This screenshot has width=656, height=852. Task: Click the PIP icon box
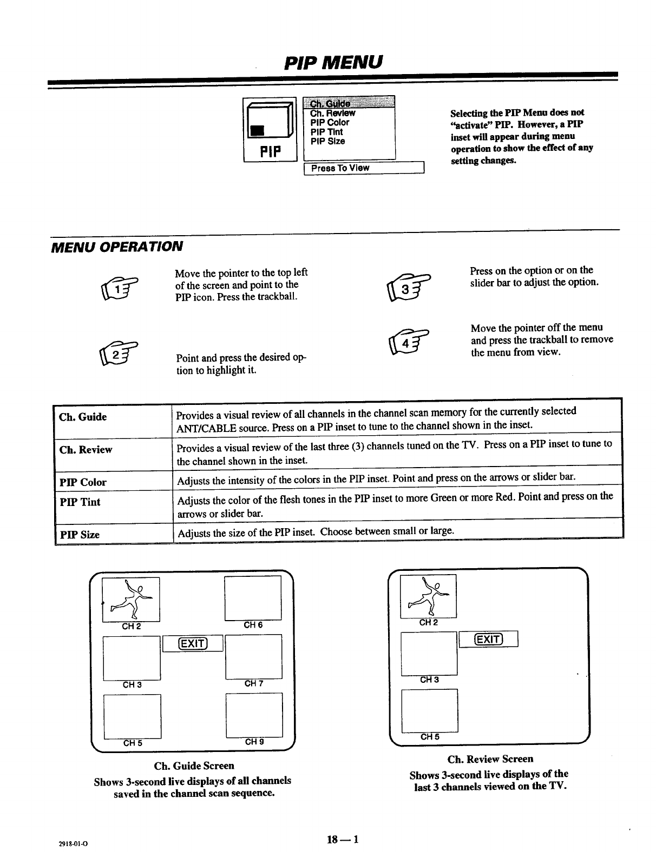coord(270,130)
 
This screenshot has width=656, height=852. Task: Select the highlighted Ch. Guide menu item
coord(330,103)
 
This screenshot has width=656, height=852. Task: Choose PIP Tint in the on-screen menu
coord(326,132)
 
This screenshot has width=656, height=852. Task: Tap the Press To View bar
coord(364,168)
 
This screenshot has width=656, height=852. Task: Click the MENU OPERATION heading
coord(116,247)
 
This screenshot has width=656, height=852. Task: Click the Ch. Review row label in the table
coord(86,450)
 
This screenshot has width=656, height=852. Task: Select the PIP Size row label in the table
coord(80,535)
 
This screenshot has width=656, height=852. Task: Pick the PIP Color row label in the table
coord(83,482)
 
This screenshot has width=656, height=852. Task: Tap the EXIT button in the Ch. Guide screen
coord(193,643)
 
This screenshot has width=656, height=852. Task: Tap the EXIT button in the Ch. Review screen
coord(488,639)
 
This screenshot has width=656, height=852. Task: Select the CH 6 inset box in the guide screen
coord(253,598)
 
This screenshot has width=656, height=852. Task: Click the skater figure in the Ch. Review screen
coord(428,596)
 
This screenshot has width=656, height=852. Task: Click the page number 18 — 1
coord(343,839)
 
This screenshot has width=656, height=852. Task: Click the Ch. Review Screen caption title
coord(490,759)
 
